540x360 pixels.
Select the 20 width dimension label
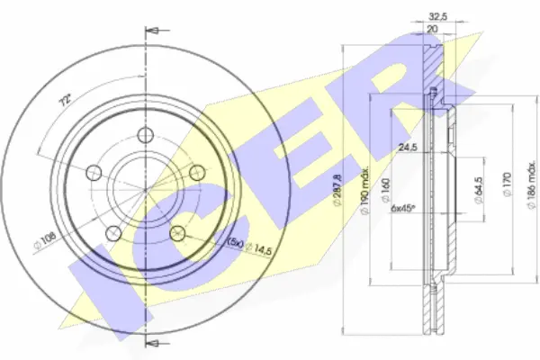tap(432, 29)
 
